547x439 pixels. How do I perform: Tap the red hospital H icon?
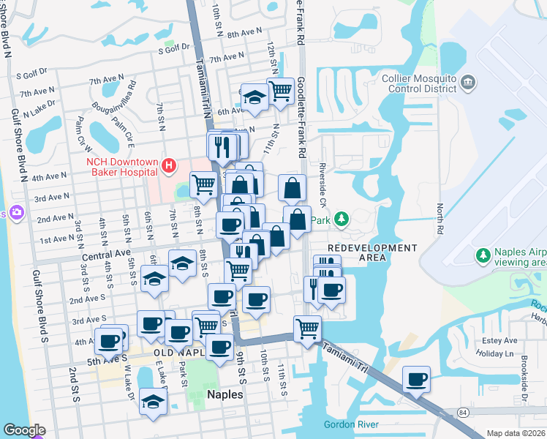pyautogui.click(x=169, y=166)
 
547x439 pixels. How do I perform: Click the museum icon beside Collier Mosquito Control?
pyautogui.click(x=469, y=80)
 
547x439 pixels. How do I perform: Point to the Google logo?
pyautogui.click(x=24, y=430)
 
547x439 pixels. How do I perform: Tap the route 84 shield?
pyautogui.click(x=464, y=413)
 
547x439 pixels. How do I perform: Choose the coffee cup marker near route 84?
pyautogui.click(x=417, y=379)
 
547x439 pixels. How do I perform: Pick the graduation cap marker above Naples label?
pyautogui.click(x=153, y=402)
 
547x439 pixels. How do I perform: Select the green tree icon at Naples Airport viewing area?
pyautogui.click(x=483, y=255)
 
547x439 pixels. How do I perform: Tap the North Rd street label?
pyautogui.click(x=440, y=219)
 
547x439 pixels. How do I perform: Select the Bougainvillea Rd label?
pyautogui.click(x=113, y=97)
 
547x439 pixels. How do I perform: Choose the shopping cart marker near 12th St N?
pyautogui.click(x=280, y=91)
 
